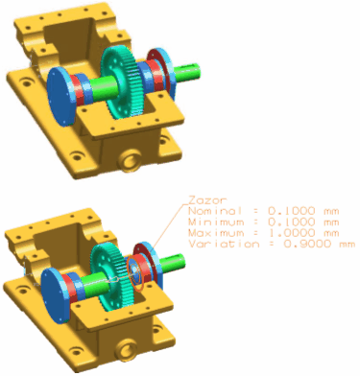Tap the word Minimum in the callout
coord(216,222)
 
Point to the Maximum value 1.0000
coord(291,233)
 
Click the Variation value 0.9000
coord(307,244)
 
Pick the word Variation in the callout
coord(224,244)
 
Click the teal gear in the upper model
coord(123,82)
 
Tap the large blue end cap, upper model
coord(60,97)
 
